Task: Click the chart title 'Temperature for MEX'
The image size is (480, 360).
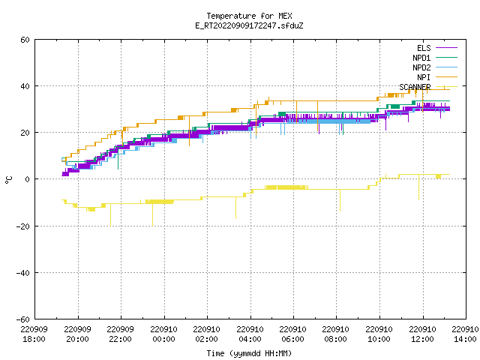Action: [249, 16]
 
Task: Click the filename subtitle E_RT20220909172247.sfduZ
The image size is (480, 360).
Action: [249, 25]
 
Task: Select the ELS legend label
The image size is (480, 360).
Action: [424, 48]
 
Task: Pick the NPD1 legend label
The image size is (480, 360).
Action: [421, 58]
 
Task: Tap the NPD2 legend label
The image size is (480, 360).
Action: [421, 67]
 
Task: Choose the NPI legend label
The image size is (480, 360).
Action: [424, 77]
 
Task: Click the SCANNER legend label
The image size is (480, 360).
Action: [415, 87]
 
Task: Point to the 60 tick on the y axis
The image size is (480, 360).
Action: [25, 40]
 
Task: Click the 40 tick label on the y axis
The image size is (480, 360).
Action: [25, 86]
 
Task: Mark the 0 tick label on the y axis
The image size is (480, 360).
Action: [27, 179]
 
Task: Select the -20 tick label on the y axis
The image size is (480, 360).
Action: [23, 226]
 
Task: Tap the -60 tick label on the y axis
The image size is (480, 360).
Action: [23, 319]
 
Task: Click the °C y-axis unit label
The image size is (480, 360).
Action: [8, 180]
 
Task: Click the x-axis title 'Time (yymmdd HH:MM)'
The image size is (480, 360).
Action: [249, 353]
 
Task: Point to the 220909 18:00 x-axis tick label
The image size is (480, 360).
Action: [34, 334]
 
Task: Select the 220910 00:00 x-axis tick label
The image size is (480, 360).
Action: [163, 334]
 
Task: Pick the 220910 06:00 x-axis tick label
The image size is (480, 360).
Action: [293, 334]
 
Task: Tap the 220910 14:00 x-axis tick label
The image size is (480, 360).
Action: [465, 334]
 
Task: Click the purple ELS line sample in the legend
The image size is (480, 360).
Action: [446, 48]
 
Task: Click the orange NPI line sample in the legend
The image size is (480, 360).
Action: [446, 77]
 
